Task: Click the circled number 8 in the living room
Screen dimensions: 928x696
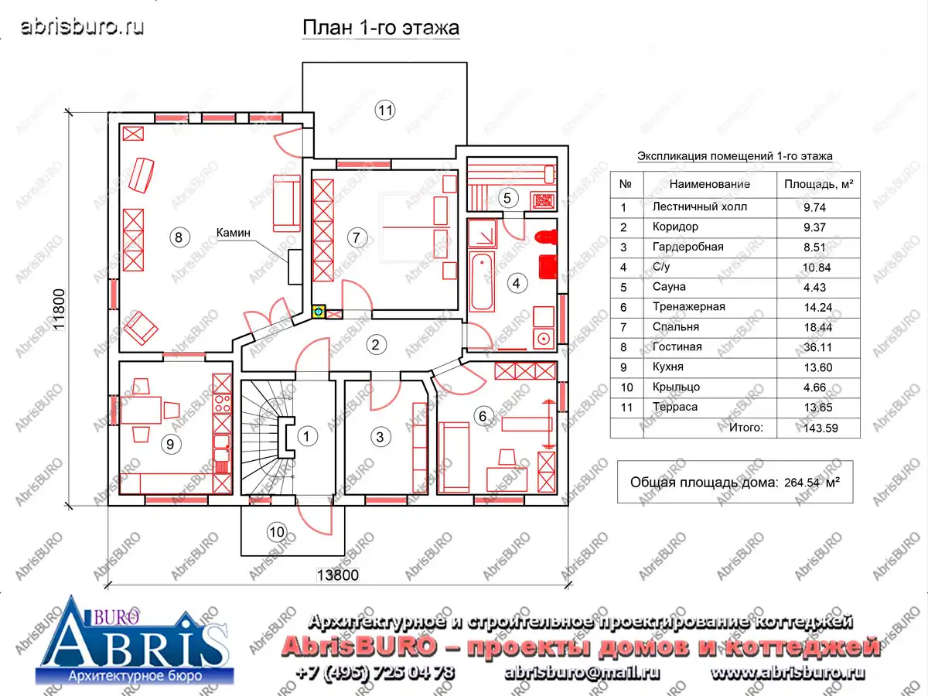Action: [179, 237]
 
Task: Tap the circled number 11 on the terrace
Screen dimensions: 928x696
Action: [385, 111]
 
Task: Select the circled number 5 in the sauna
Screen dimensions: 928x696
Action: [507, 198]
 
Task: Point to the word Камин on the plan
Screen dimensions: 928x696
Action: [233, 233]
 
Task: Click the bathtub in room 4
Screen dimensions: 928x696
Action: [482, 281]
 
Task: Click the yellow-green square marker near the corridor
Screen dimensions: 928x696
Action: [319, 312]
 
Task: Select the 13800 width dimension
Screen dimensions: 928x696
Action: [337, 575]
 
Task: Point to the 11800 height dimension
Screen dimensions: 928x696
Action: [59, 309]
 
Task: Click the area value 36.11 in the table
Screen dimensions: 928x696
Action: [817, 347]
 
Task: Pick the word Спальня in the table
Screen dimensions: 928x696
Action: [676, 326]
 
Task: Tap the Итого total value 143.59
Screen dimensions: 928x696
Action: [821, 428]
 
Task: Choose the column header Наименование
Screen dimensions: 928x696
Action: [709, 184]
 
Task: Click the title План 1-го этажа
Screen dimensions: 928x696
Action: [380, 28]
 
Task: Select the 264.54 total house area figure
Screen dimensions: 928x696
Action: [802, 483]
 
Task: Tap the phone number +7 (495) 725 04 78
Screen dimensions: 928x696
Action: [375, 673]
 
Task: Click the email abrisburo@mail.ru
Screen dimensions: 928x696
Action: [582, 673]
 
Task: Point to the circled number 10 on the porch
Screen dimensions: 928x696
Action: [277, 531]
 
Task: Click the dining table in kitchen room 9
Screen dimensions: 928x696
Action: [141, 410]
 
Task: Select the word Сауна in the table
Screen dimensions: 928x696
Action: [669, 286]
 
